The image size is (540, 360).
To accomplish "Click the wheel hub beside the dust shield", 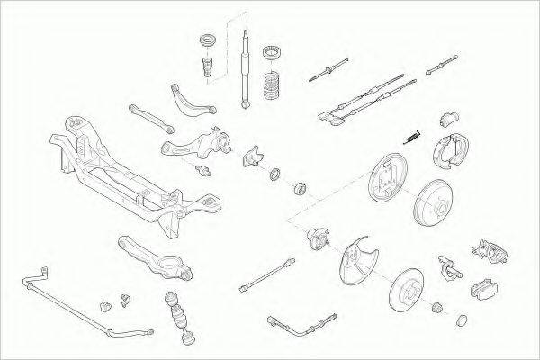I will click(317, 238).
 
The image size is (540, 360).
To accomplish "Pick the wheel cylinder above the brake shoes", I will click(450, 120).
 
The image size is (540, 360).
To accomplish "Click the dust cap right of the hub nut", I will click(462, 319).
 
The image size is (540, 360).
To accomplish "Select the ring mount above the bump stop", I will click(205, 41).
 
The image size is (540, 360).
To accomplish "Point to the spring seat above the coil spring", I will click(272, 54).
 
